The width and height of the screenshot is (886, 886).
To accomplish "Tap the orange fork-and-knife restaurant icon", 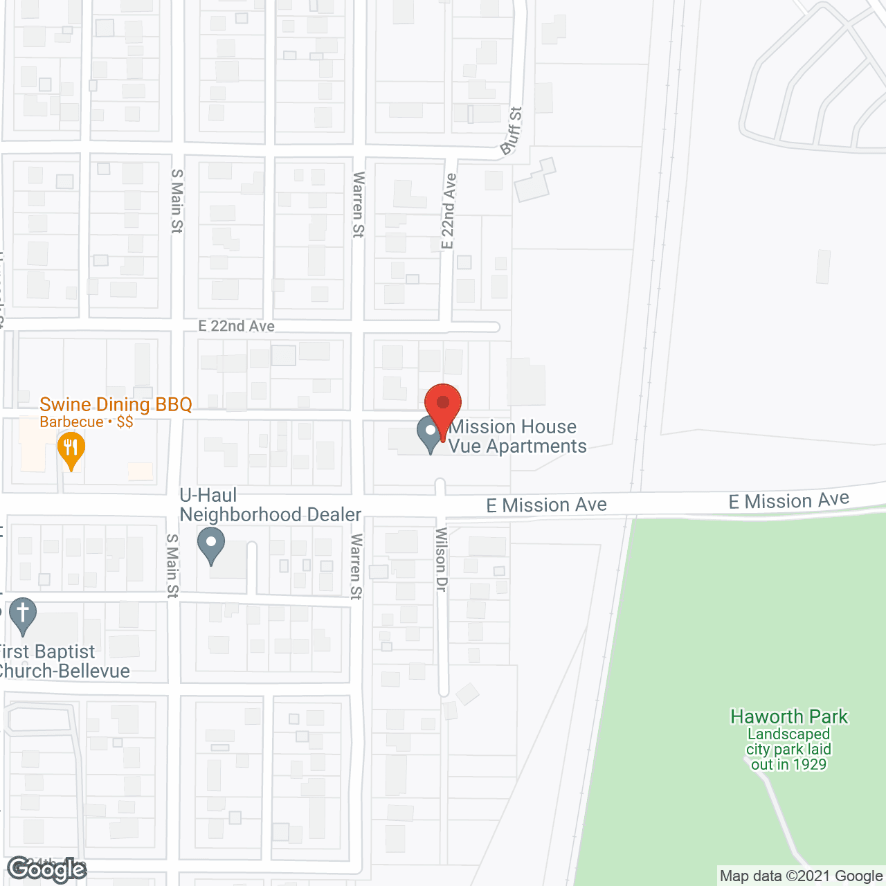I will click(x=71, y=448).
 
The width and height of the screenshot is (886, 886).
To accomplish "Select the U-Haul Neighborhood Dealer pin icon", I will click(x=211, y=544).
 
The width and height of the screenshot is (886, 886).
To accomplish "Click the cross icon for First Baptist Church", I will click(x=23, y=614).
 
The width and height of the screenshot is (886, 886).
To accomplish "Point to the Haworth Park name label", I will click(x=789, y=716).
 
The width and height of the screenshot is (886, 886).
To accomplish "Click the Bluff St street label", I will click(x=512, y=131).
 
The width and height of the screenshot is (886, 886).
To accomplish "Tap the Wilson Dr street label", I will click(x=441, y=559).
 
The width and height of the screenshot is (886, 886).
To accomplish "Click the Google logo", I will click(x=46, y=869).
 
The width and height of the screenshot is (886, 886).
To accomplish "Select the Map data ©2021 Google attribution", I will click(x=801, y=876).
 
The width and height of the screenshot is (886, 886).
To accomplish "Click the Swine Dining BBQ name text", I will click(x=116, y=404).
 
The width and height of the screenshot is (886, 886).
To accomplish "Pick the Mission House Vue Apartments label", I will click(x=518, y=436).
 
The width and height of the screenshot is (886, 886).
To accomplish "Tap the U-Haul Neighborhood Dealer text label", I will click(x=270, y=505).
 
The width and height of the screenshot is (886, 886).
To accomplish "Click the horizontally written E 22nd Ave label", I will click(x=236, y=326).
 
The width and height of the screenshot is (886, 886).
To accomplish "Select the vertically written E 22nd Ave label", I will click(x=449, y=211).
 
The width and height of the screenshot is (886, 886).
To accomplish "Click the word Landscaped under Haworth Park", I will click(x=788, y=734).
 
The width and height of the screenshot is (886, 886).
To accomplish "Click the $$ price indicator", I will click(x=125, y=422).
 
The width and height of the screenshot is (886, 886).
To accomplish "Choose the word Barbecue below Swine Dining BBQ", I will click(x=71, y=422).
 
